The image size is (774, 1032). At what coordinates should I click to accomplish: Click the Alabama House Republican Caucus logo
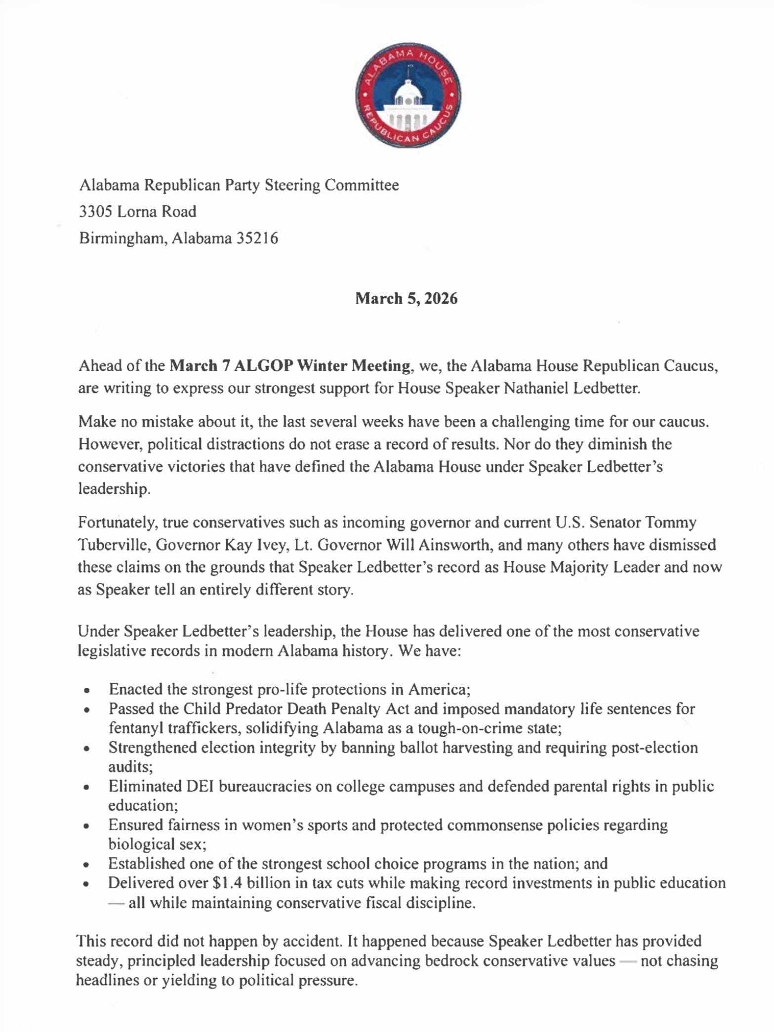coord(408,95)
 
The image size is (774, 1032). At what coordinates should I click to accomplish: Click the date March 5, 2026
coord(407,298)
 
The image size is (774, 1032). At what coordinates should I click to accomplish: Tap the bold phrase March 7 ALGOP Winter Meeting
coord(290,366)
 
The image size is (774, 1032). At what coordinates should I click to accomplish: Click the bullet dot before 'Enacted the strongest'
coord(87,690)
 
